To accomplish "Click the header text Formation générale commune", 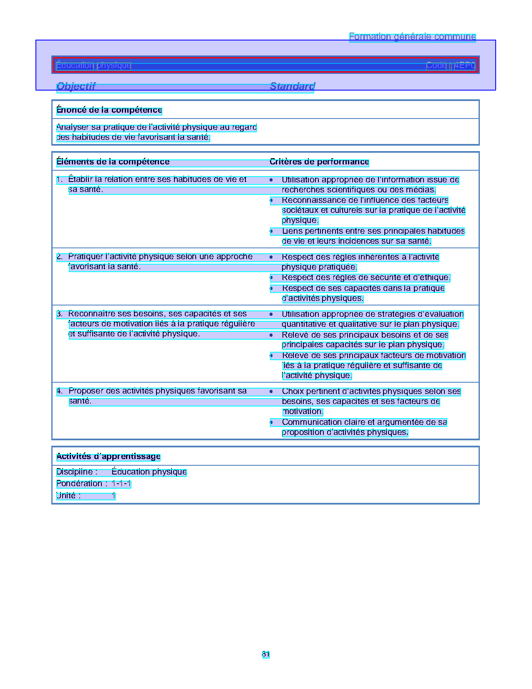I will tap(412, 37).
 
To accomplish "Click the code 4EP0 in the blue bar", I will tap(464, 66).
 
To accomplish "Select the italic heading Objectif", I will tap(76, 86).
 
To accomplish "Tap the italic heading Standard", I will tap(292, 86).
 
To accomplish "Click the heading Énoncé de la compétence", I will tap(109, 110).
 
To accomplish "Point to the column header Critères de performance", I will tap(319, 162).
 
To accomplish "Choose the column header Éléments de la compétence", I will tap(113, 162).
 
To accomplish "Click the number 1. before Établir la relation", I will tap(60, 179).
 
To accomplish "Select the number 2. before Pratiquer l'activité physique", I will tap(60, 257).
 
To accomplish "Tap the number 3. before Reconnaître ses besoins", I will tap(60, 314).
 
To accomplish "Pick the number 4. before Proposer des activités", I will tap(60, 391).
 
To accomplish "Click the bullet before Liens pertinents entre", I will tap(271, 231).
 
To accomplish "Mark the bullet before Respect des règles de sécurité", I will tap(271, 278).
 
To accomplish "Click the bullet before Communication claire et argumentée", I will tap(271, 422).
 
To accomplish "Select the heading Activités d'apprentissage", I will tap(108, 457).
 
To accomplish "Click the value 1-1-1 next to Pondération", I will tap(121, 484).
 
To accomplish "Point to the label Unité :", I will tap(68, 496).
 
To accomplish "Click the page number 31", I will tap(266, 654).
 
